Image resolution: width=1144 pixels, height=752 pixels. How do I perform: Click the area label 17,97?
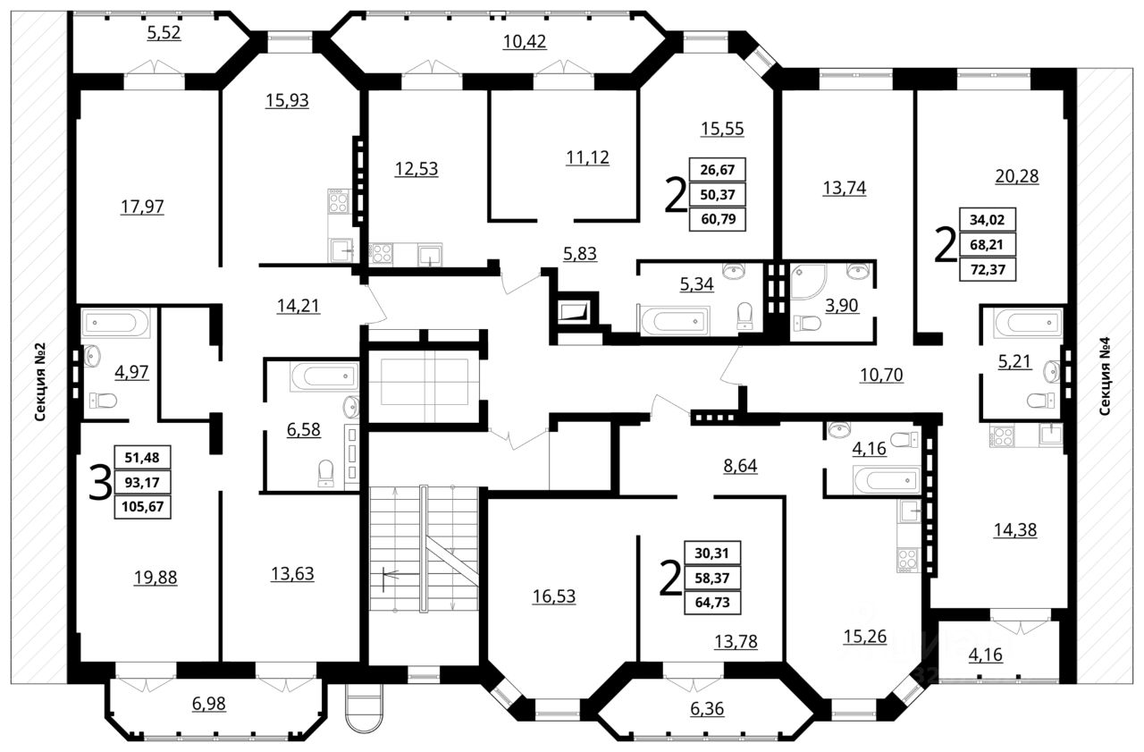[x=142, y=207]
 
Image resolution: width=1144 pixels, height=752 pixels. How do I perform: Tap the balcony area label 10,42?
[x=525, y=41]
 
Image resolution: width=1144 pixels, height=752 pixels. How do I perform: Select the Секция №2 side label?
[x=40, y=382]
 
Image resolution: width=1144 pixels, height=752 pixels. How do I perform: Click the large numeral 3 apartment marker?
[x=100, y=482]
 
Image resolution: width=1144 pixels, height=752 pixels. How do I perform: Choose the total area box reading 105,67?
[x=142, y=507]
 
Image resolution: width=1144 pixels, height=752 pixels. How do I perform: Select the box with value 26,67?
[x=717, y=170]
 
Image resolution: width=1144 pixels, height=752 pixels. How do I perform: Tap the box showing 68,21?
[x=988, y=245]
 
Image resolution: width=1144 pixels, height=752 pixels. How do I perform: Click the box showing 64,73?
[x=712, y=603]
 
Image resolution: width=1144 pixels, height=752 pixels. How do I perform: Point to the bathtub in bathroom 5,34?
[x=674, y=321]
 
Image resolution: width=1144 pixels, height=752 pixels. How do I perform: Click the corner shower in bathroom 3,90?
[x=808, y=282]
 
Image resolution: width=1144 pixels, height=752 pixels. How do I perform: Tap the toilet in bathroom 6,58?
[x=325, y=473]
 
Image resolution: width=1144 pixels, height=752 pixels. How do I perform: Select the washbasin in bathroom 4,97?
[x=92, y=356]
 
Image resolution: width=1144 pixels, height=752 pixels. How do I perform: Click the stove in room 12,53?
[x=381, y=254]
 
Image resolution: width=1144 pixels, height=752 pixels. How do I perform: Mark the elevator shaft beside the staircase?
[x=425, y=386]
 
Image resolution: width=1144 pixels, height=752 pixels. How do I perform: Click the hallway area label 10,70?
[x=881, y=376]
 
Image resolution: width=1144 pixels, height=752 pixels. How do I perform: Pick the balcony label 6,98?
[x=209, y=704]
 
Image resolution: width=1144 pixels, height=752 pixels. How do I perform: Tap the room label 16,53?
[x=554, y=596]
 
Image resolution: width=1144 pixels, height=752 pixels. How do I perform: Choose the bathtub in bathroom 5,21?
[x=1028, y=323]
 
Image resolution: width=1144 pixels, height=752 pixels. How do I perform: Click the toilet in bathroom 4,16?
[x=904, y=439]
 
